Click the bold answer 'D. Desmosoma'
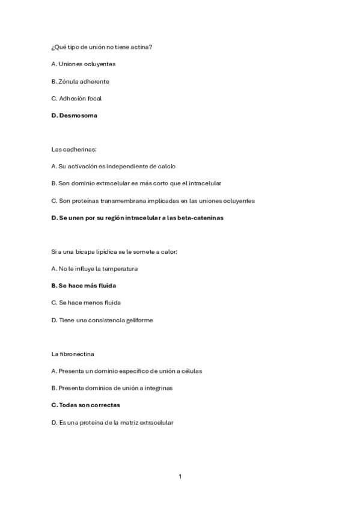pos(74,115)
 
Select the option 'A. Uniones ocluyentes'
pos(83,64)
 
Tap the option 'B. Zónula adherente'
pos(80,81)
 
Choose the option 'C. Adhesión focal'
pos(76,98)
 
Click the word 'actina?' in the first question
pos(141,46)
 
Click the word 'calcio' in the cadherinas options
pos(166,166)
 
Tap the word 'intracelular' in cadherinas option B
pos(205,183)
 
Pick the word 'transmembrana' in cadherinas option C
pos(122,200)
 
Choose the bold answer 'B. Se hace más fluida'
pos(84,286)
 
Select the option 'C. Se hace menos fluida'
pos(82,303)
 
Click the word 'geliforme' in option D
pos(139,320)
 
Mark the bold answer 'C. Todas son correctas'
pos(86,405)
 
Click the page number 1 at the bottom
pos(180,476)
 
